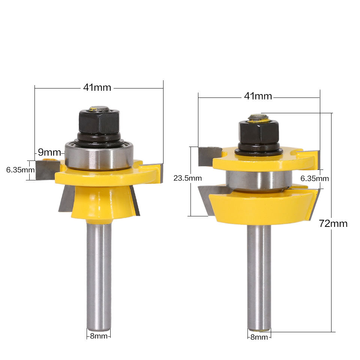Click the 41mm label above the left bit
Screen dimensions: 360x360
click(x=97, y=88)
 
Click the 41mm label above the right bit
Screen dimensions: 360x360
click(x=258, y=96)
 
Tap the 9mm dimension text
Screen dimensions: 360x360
click(x=49, y=153)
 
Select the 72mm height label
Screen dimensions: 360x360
click(x=333, y=223)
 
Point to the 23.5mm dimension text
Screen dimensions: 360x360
click(x=186, y=178)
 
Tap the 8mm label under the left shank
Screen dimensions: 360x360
click(x=99, y=336)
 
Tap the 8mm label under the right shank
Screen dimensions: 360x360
click(x=259, y=337)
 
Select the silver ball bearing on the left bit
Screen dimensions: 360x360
click(x=99, y=155)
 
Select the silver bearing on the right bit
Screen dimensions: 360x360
click(x=258, y=179)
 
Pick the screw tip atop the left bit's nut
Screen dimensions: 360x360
click(x=99, y=109)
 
